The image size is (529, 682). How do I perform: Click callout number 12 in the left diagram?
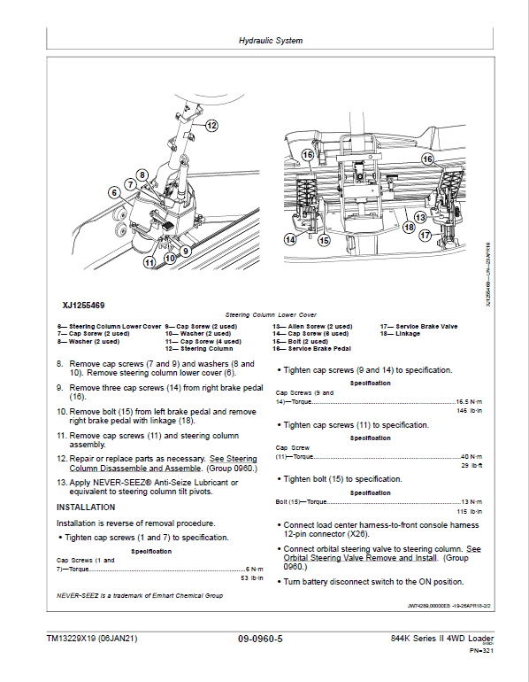pyautogui.click(x=211, y=126)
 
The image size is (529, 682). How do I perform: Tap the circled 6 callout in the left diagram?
pyautogui.click(x=113, y=192)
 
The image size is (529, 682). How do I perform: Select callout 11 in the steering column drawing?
pyautogui.click(x=149, y=261)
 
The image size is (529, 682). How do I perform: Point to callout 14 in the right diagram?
pyautogui.click(x=290, y=239)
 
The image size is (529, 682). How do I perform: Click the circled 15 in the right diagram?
pyautogui.click(x=324, y=239)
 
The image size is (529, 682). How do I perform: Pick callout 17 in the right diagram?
pyautogui.click(x=425, y=236)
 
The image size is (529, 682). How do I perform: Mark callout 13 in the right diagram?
pyautogui.click(x=419, y=216)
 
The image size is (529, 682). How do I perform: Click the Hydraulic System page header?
pyautogui.click(x=271, y=41)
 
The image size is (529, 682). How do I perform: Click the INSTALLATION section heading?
pyautogui.click(x=86, y=508)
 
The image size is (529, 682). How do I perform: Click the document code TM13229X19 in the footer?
pyautogui.click(x=92, y=639)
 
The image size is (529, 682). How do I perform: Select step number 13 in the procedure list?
pyautogui.click(x=61, y=483)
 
